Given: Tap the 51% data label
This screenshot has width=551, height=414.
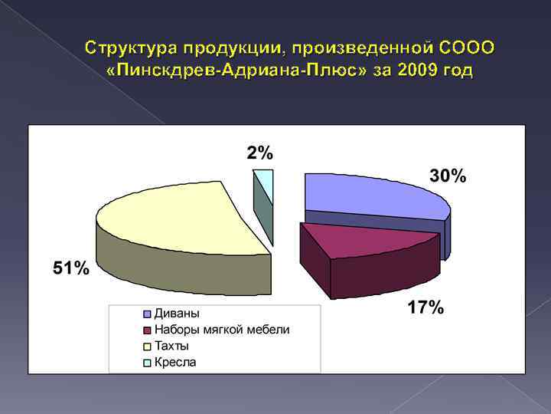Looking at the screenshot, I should [70, 268].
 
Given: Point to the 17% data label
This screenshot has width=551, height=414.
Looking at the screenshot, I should [425, 308].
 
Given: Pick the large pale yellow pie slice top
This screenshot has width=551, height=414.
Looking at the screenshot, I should [176, 219].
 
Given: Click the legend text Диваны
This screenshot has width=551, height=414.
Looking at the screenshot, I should [177, 314].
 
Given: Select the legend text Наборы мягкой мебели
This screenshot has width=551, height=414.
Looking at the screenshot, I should [222, 330].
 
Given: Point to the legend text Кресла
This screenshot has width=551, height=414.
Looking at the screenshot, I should [175, 362].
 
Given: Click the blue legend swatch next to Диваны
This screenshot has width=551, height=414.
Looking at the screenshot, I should [146, 314].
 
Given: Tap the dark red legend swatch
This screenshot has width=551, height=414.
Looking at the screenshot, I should [146, 330].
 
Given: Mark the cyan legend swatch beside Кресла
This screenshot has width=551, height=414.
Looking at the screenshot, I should [146, 363].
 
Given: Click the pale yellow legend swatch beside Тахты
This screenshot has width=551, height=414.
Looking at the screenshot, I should [146, 347].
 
